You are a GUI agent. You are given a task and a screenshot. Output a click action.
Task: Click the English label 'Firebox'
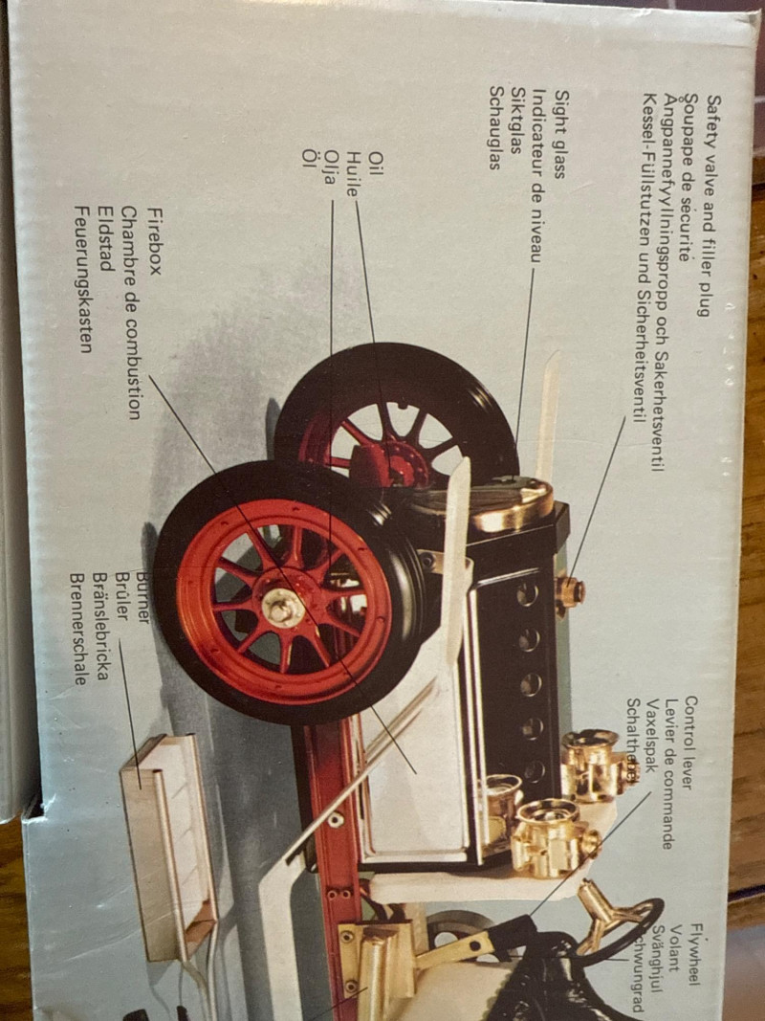154,243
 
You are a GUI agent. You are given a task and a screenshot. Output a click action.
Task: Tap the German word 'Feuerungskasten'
83,278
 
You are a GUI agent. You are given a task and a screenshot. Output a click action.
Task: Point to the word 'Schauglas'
495,127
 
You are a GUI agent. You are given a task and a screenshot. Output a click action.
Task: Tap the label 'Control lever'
690,743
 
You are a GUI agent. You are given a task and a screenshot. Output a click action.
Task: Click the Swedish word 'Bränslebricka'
101,629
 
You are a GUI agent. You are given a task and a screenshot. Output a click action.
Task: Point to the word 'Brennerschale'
80,629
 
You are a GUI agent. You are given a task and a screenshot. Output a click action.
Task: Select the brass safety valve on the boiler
571,591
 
